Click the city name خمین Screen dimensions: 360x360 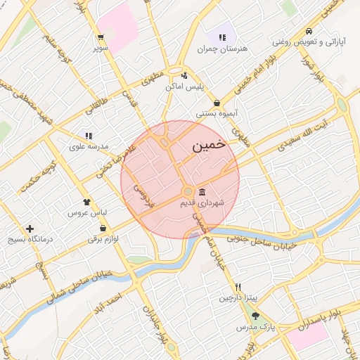(x=208, y=146)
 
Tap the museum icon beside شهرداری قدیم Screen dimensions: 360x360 (x=202, y=192)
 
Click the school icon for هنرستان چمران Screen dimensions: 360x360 (x=223, y=37)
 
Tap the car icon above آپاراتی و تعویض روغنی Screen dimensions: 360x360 (x=309, y=32)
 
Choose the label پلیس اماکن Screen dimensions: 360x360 (x=184, y=86)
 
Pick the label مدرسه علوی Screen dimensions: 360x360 (x=88, y=146)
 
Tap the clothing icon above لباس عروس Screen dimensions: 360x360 (x=86, y=202)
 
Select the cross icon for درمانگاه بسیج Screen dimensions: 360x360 (x=30, y=229)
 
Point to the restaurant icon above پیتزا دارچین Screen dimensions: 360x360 (x=238, y=287)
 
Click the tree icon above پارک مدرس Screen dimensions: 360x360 (x=255, y=316)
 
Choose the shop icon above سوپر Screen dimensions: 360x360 (x=102, y=37)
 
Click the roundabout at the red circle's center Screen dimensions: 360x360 (x=188, y=192)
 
